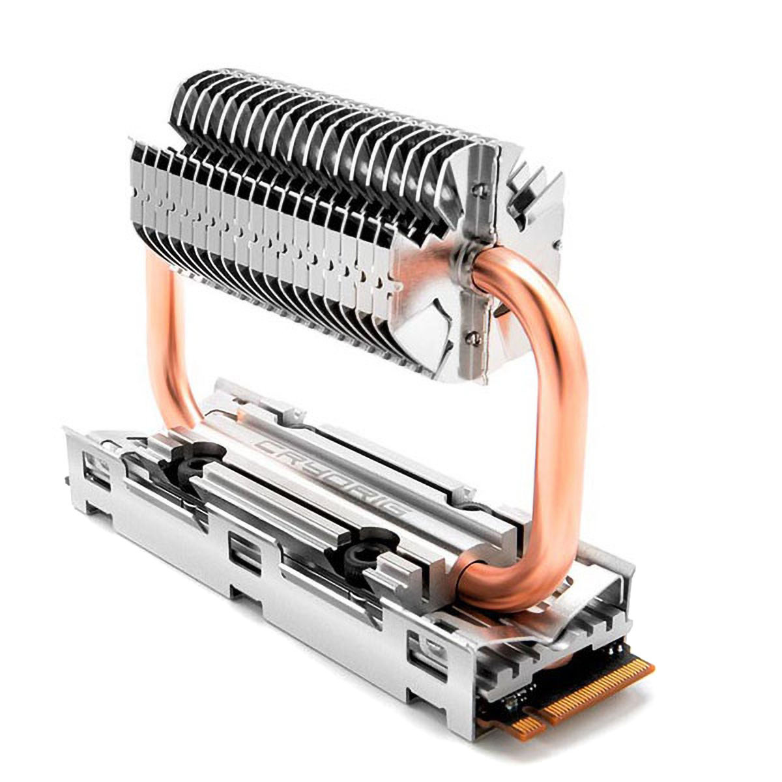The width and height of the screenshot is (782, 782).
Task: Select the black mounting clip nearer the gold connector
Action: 360,556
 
